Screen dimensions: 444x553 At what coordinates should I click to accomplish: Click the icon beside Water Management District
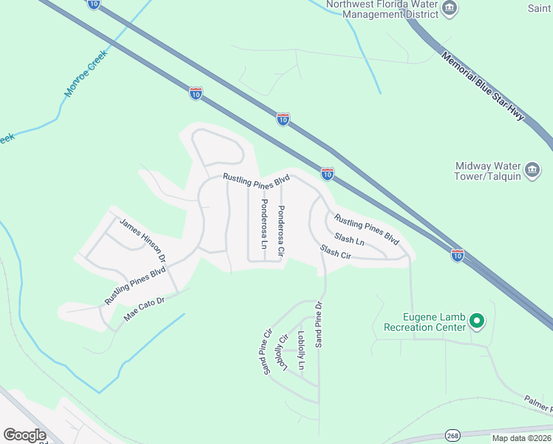click(x=449, y=9)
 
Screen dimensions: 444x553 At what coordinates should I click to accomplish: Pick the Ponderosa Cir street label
click(x=280, y=231)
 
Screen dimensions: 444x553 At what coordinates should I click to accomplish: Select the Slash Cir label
click(x=335, y=252)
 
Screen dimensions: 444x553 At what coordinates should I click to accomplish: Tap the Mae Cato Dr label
click(x=143, y=310)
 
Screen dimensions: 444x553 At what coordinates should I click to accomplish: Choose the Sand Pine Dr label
click(x=319, y=323)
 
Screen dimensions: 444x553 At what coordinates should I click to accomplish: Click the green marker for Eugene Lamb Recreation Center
click(x=477, y=321)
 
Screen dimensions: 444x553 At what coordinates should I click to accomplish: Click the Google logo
click(x=25, y=434)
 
